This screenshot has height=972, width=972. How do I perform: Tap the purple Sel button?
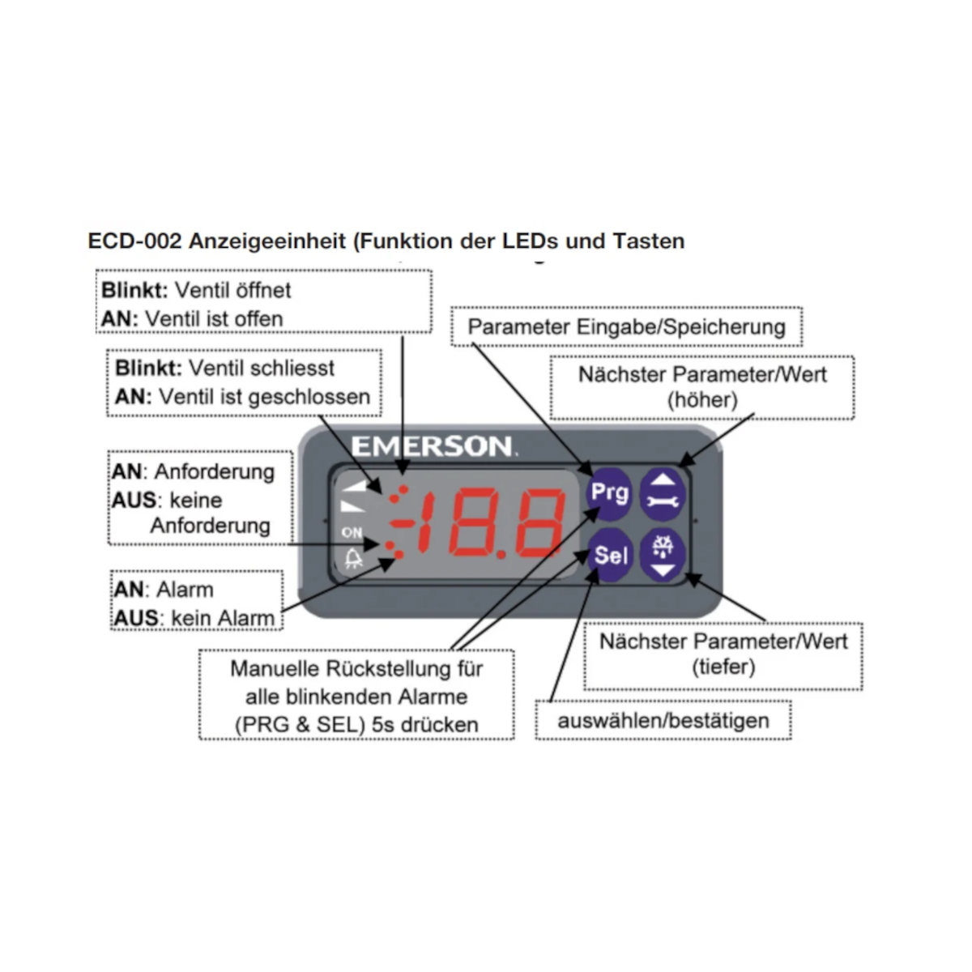(610, 555)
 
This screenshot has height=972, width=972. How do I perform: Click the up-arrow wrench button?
(663, 492)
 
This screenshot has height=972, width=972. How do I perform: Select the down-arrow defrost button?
(663, 555)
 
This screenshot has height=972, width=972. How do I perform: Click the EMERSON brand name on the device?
(432, 446)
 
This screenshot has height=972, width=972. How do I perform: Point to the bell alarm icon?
(352, 559)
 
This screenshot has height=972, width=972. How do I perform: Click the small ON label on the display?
(352, 532)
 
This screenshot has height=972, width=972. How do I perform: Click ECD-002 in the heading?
(134, 241)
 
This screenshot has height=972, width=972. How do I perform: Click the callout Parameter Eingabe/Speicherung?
(626, 327)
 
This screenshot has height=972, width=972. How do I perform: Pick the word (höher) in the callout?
(702, 399)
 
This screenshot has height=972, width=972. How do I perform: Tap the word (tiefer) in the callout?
(723, 667)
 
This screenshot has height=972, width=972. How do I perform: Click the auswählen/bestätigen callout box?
(663, 720)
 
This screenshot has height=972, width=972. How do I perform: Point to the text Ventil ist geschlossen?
(264, 397)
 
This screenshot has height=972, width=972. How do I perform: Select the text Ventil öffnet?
(233, 290)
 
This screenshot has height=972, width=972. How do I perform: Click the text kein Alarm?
(223, 618)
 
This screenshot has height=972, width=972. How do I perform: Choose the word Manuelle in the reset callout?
(275, 669)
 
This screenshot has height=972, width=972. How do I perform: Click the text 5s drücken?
(424, 724)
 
